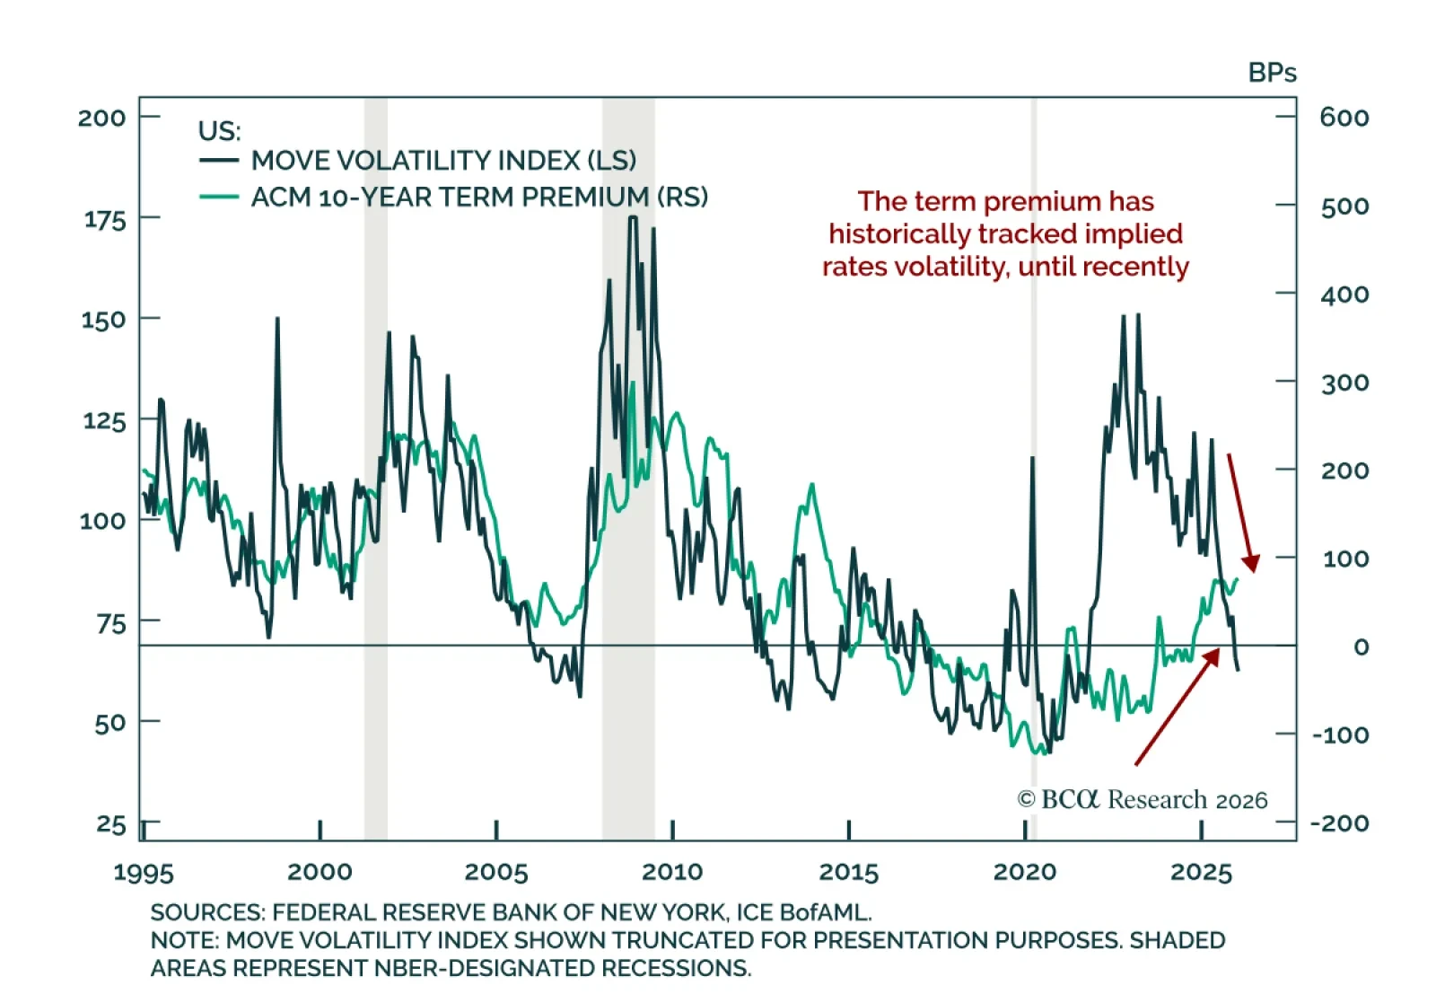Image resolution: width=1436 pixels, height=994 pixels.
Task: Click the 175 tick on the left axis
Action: [105, 219]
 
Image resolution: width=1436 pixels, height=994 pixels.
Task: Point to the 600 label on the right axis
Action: [1344, 118]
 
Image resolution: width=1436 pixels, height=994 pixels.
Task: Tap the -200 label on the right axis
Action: [1339, 823]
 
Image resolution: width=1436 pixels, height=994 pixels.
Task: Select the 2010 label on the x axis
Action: [672, 872]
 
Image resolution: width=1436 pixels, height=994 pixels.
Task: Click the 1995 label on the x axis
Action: [144, 873]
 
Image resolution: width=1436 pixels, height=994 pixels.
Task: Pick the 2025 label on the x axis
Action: [1201, 872]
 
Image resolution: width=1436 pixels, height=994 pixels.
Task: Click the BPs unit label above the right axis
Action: [1272, 73]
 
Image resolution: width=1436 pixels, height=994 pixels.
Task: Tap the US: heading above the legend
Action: [219, 131]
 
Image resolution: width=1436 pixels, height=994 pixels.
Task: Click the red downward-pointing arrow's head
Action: [1251, 563]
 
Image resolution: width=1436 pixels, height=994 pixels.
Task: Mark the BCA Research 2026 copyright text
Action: [1143, 799]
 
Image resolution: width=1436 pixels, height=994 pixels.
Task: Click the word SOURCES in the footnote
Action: [206, 913]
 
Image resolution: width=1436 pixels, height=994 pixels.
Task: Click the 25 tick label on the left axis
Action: [111, 824]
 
